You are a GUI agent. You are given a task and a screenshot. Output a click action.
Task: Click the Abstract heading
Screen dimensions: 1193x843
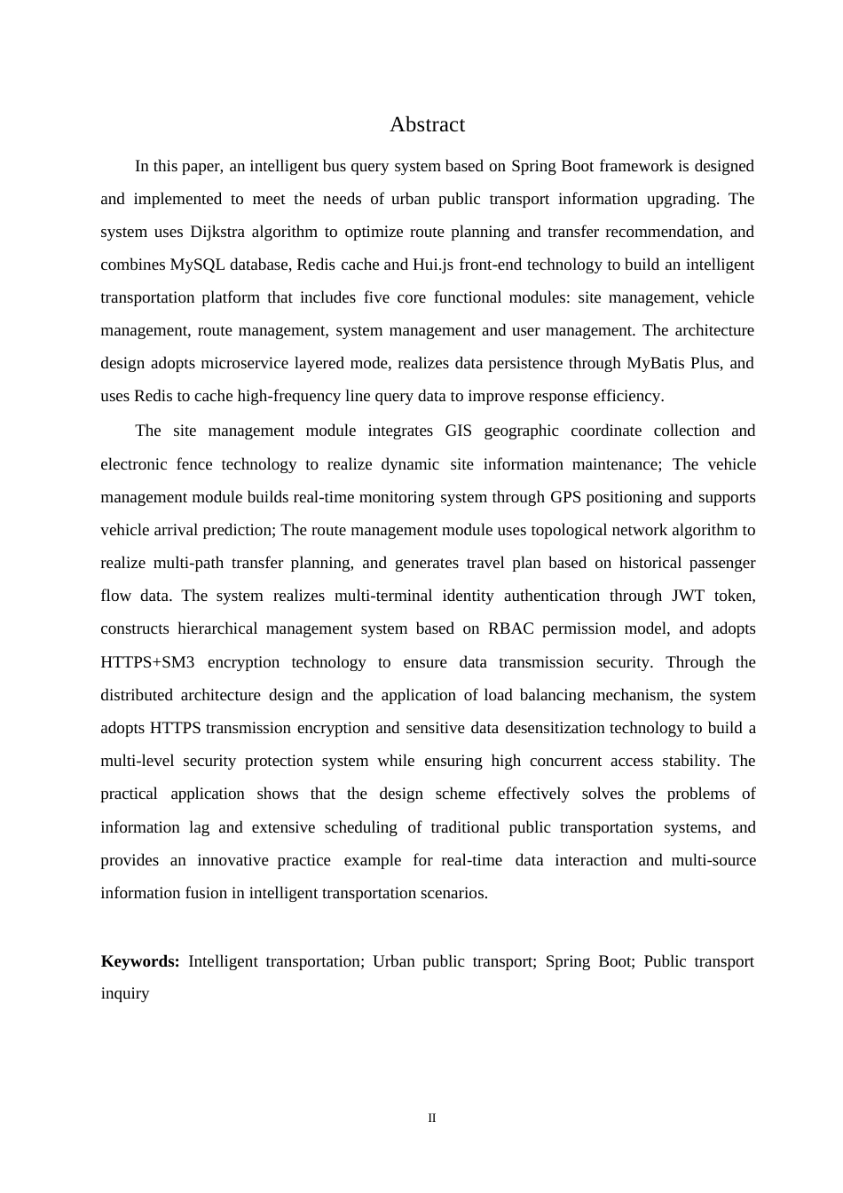427,124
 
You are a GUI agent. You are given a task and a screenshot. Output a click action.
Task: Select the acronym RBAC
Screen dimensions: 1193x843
508,628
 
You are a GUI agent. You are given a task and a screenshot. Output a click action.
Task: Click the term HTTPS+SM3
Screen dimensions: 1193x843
147,662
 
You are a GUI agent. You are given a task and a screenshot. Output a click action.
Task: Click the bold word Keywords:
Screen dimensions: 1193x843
140,961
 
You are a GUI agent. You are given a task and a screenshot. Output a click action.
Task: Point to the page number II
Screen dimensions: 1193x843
432,1118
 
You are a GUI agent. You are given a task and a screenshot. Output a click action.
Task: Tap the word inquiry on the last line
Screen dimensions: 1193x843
125,993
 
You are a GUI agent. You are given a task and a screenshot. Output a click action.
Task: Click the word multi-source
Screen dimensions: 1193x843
713,860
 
